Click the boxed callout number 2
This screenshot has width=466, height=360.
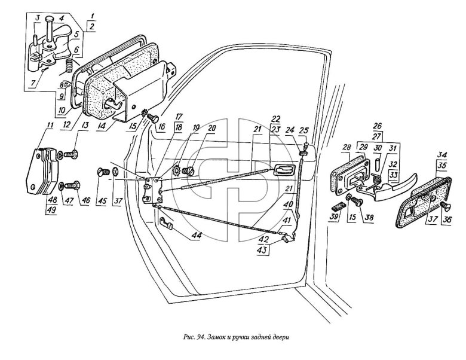[x=91, y=26]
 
